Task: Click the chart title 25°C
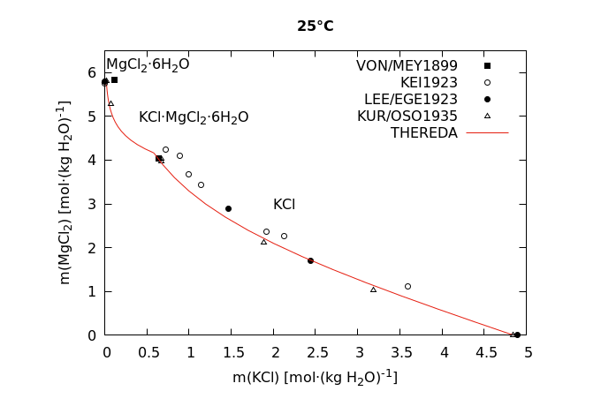(315, 26)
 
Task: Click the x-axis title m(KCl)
(315, 378)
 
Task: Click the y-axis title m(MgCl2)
(66, 203)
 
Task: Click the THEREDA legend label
(423, 132)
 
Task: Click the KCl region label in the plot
(284, 205)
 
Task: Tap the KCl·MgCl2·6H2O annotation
(194, 117)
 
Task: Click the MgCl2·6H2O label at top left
(148, 64)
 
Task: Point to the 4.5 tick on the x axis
(485, 352)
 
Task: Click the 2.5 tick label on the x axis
(316, 352)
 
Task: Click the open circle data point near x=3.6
(407, 286)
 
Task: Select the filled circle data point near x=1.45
(228, 208)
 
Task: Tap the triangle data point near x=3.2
(373, 289)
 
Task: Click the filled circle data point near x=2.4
(310, 260)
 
